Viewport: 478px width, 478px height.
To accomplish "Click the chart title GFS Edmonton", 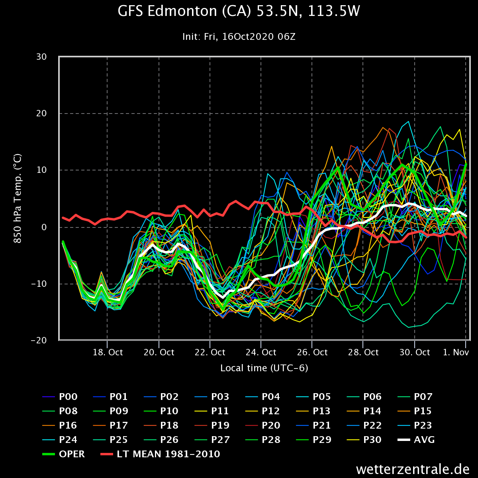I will tap(239, 11).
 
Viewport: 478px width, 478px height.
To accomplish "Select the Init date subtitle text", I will tap(239, 37).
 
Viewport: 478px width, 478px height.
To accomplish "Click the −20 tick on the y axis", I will tap(39, 341).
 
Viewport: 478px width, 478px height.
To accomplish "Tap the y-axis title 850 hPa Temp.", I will tap(18, 199).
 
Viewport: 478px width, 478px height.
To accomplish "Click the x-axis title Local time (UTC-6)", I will tap(264, 368).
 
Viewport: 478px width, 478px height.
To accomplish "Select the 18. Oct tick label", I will tap(107, 353).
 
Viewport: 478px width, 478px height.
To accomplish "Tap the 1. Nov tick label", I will tap(455, 353).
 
